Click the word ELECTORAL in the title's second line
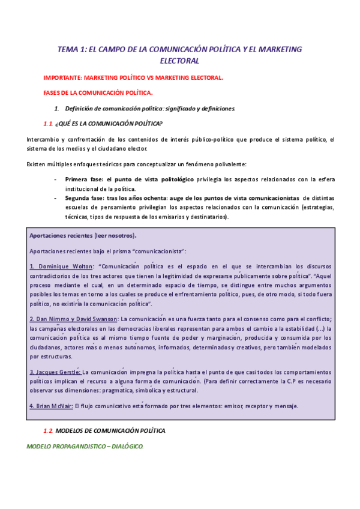(x=179, y=61)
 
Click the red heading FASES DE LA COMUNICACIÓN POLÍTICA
(x=98, y=93)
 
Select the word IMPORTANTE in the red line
(x=62, y=78)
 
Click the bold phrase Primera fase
(x=83, y=179)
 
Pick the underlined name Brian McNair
(x=50, y=406)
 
